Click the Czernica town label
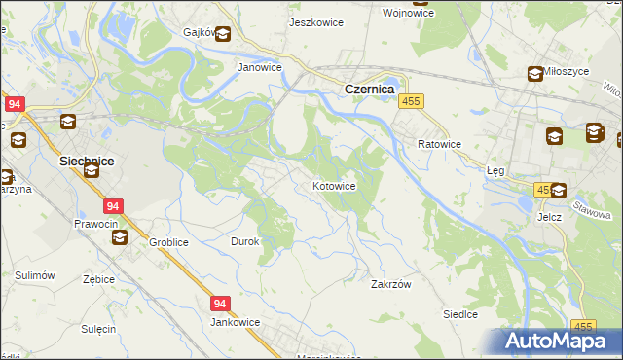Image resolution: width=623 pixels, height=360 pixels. [369, 89]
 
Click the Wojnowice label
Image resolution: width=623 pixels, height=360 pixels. [434, 13]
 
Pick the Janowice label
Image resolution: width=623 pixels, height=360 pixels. [260, 68]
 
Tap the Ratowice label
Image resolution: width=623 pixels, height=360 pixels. [439, 143]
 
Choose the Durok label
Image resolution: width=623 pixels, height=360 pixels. [244, 241]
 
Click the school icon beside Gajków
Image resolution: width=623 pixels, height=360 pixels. [223, 35]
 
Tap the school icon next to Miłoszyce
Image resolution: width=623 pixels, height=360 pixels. [535, 73]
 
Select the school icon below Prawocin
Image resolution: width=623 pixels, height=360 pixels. [119, 237]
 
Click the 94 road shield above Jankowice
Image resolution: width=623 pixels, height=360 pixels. [220, 304]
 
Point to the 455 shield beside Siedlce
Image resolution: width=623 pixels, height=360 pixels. [583, 327]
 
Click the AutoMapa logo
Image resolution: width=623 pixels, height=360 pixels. [559, 341]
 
